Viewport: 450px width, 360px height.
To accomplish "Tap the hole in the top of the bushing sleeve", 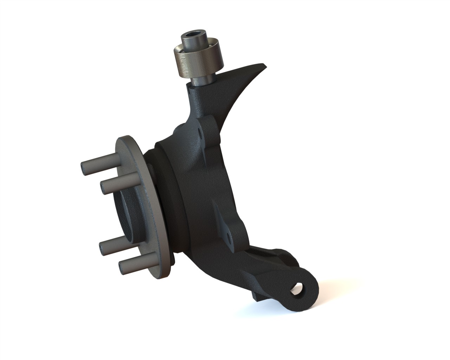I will coord(191,35).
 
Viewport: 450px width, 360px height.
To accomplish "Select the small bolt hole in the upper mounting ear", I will coord(201,134).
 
